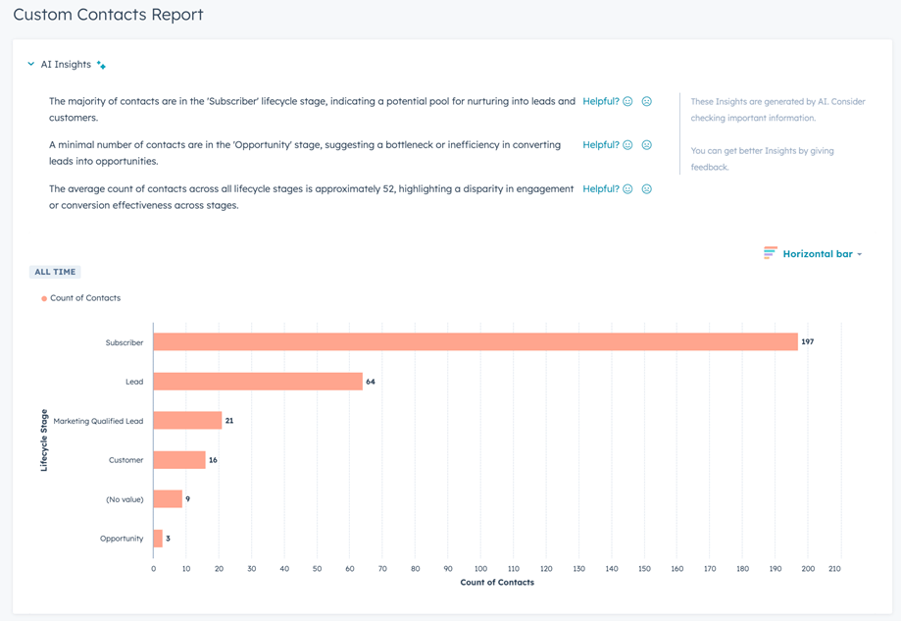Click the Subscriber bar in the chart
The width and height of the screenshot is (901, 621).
coord(476,342)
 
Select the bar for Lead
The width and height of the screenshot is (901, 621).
coord(258,382)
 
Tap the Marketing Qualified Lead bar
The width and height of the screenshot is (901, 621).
coord(187,421)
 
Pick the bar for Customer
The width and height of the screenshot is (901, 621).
coord(179,460)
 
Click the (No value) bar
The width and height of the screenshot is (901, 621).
coord(168,499)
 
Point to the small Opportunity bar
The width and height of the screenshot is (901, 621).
coord(158,539)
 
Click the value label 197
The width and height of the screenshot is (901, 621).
coord(808,342)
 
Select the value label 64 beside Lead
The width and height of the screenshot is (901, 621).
coord(371,382)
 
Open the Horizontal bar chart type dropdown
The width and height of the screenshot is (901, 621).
coord(813,254)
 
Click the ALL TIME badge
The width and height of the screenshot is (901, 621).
coord(55,272)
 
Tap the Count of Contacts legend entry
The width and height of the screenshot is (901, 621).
coord(84,298)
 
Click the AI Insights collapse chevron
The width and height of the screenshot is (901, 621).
coord(31,65)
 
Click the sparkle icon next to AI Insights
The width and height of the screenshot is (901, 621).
coord(101,65)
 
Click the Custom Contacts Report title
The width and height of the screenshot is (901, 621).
coord(108,15)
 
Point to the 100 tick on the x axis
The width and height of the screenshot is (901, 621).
coord(480,568)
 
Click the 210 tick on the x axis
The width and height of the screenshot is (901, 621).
coord(834,568)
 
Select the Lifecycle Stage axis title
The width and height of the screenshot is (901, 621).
coord(44,440)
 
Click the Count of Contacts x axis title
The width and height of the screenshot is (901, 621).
coord(497,583)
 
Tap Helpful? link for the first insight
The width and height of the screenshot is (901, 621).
coord(600,101)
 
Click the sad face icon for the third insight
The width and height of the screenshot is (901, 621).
coord(646,189)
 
